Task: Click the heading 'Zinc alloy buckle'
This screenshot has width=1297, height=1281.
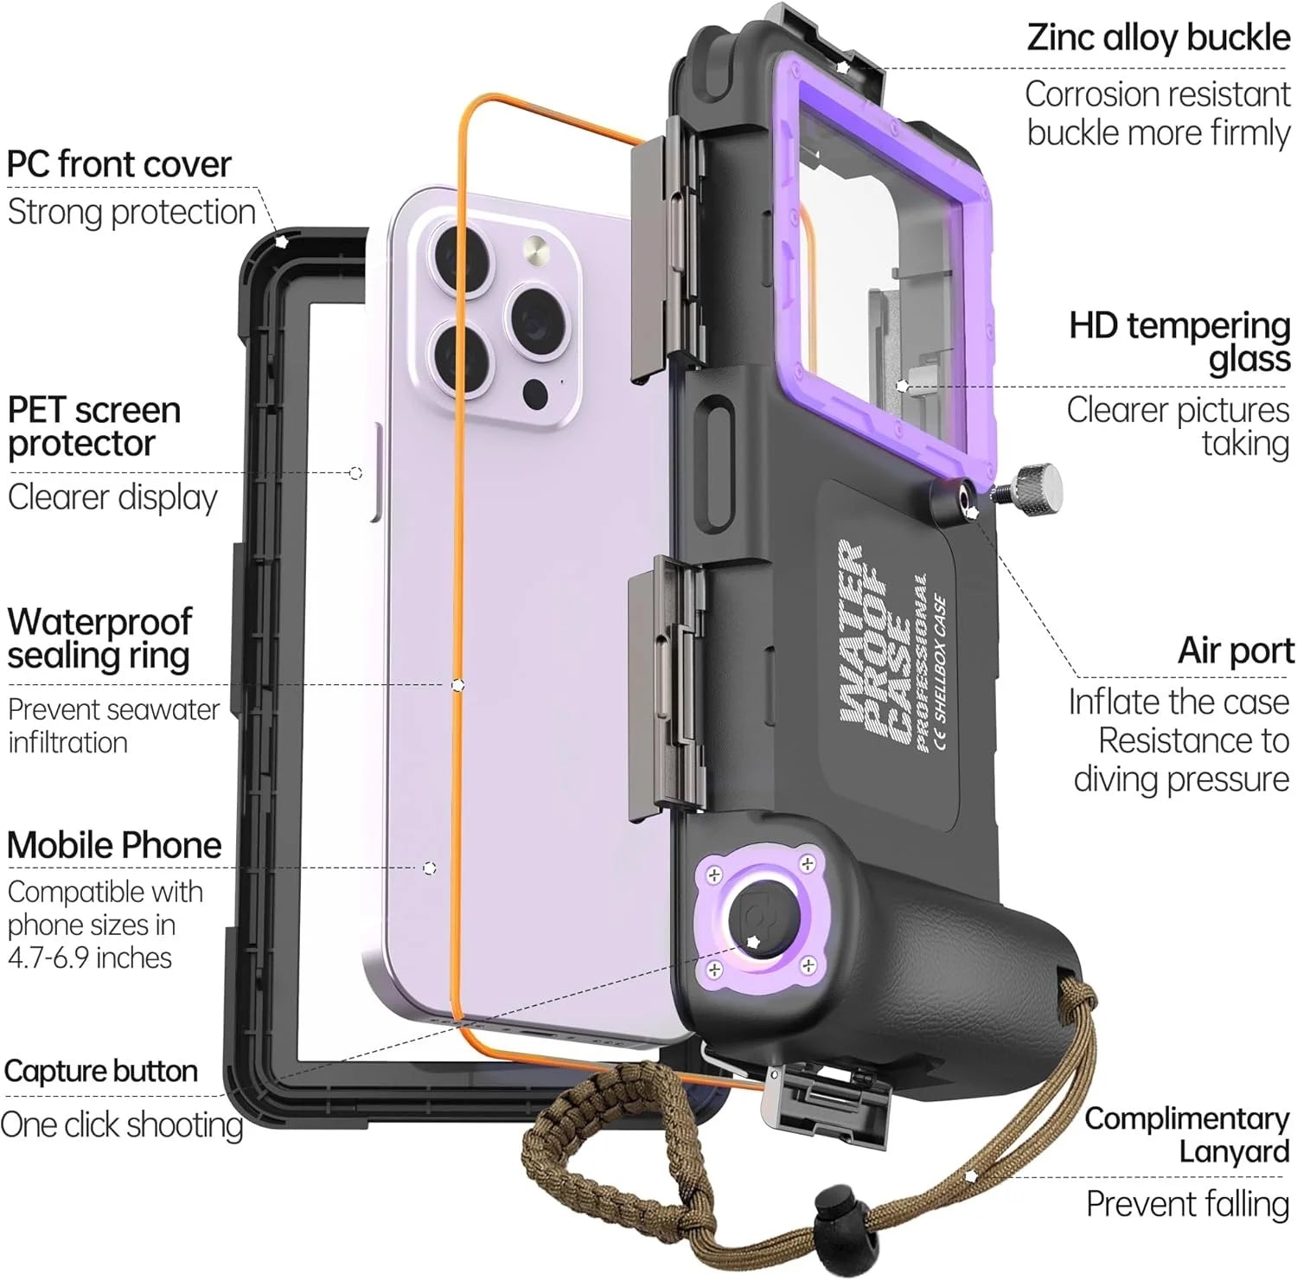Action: point(1158,38)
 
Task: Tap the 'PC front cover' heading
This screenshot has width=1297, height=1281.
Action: point(119,164)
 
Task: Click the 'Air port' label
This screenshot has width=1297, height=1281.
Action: point(1236,650)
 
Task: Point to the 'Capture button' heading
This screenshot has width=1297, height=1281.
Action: point(100,1071)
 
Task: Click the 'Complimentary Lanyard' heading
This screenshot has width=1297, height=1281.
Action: point(1186,1135)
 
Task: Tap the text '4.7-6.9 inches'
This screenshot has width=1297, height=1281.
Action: point(90,958)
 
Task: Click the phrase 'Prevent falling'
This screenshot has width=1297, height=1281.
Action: point(1187,1203)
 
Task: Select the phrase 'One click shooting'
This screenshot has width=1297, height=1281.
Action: point(122,1125)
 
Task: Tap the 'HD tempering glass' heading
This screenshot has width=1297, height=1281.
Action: point(1179,342)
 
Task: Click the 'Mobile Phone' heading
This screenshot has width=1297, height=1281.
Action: point(114,845)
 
